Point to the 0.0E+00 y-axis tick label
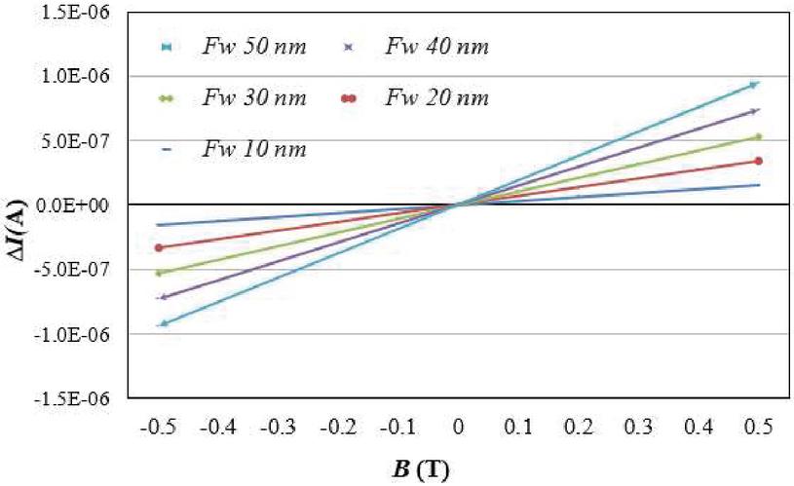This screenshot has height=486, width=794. click(x=80, y=206)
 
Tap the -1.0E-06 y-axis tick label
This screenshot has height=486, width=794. click(x=79, y=334)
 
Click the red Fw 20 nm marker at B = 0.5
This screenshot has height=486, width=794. click(x=758, y=161)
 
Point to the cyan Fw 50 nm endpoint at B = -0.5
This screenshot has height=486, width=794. click(x=163, y=323)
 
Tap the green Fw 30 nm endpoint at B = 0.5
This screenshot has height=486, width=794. click(x=758, y=136)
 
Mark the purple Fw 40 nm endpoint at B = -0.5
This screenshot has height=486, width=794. click(x=163, y=297)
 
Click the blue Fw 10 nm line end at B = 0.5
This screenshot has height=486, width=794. click(x=758, y=185)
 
